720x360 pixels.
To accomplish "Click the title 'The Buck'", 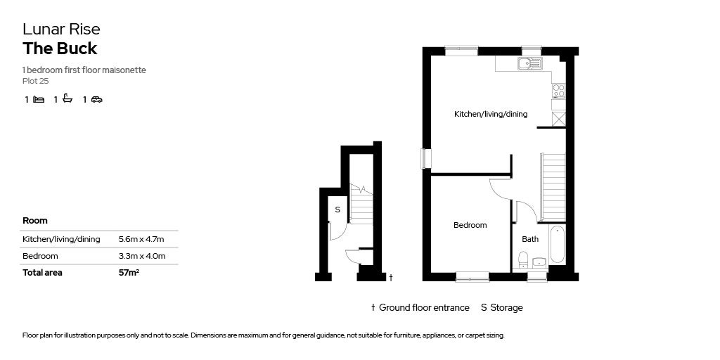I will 60,49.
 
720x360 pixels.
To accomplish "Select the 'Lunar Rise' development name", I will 61,29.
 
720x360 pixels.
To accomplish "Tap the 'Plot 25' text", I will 35,81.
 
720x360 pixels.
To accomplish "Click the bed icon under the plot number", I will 39,99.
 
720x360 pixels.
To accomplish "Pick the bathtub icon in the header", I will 67,99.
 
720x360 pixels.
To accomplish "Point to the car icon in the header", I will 97,99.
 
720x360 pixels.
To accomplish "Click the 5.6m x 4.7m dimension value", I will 142,239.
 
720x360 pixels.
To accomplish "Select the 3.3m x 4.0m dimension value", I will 142,256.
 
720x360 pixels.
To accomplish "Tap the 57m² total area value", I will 129,273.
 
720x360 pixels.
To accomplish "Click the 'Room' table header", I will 35,220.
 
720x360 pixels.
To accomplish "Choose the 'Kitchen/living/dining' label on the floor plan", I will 490,114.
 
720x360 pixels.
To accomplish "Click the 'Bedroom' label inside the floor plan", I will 470,225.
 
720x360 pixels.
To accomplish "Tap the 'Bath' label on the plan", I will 530,239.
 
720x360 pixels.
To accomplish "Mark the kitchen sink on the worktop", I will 529,64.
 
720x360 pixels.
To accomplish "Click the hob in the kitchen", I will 558,90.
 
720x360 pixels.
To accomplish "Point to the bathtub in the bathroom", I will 557,245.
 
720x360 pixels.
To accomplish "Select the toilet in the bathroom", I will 522,262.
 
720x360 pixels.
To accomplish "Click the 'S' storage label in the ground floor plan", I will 337,210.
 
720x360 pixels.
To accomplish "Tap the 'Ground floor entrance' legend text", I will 424,307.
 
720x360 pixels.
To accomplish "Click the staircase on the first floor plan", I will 553,187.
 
